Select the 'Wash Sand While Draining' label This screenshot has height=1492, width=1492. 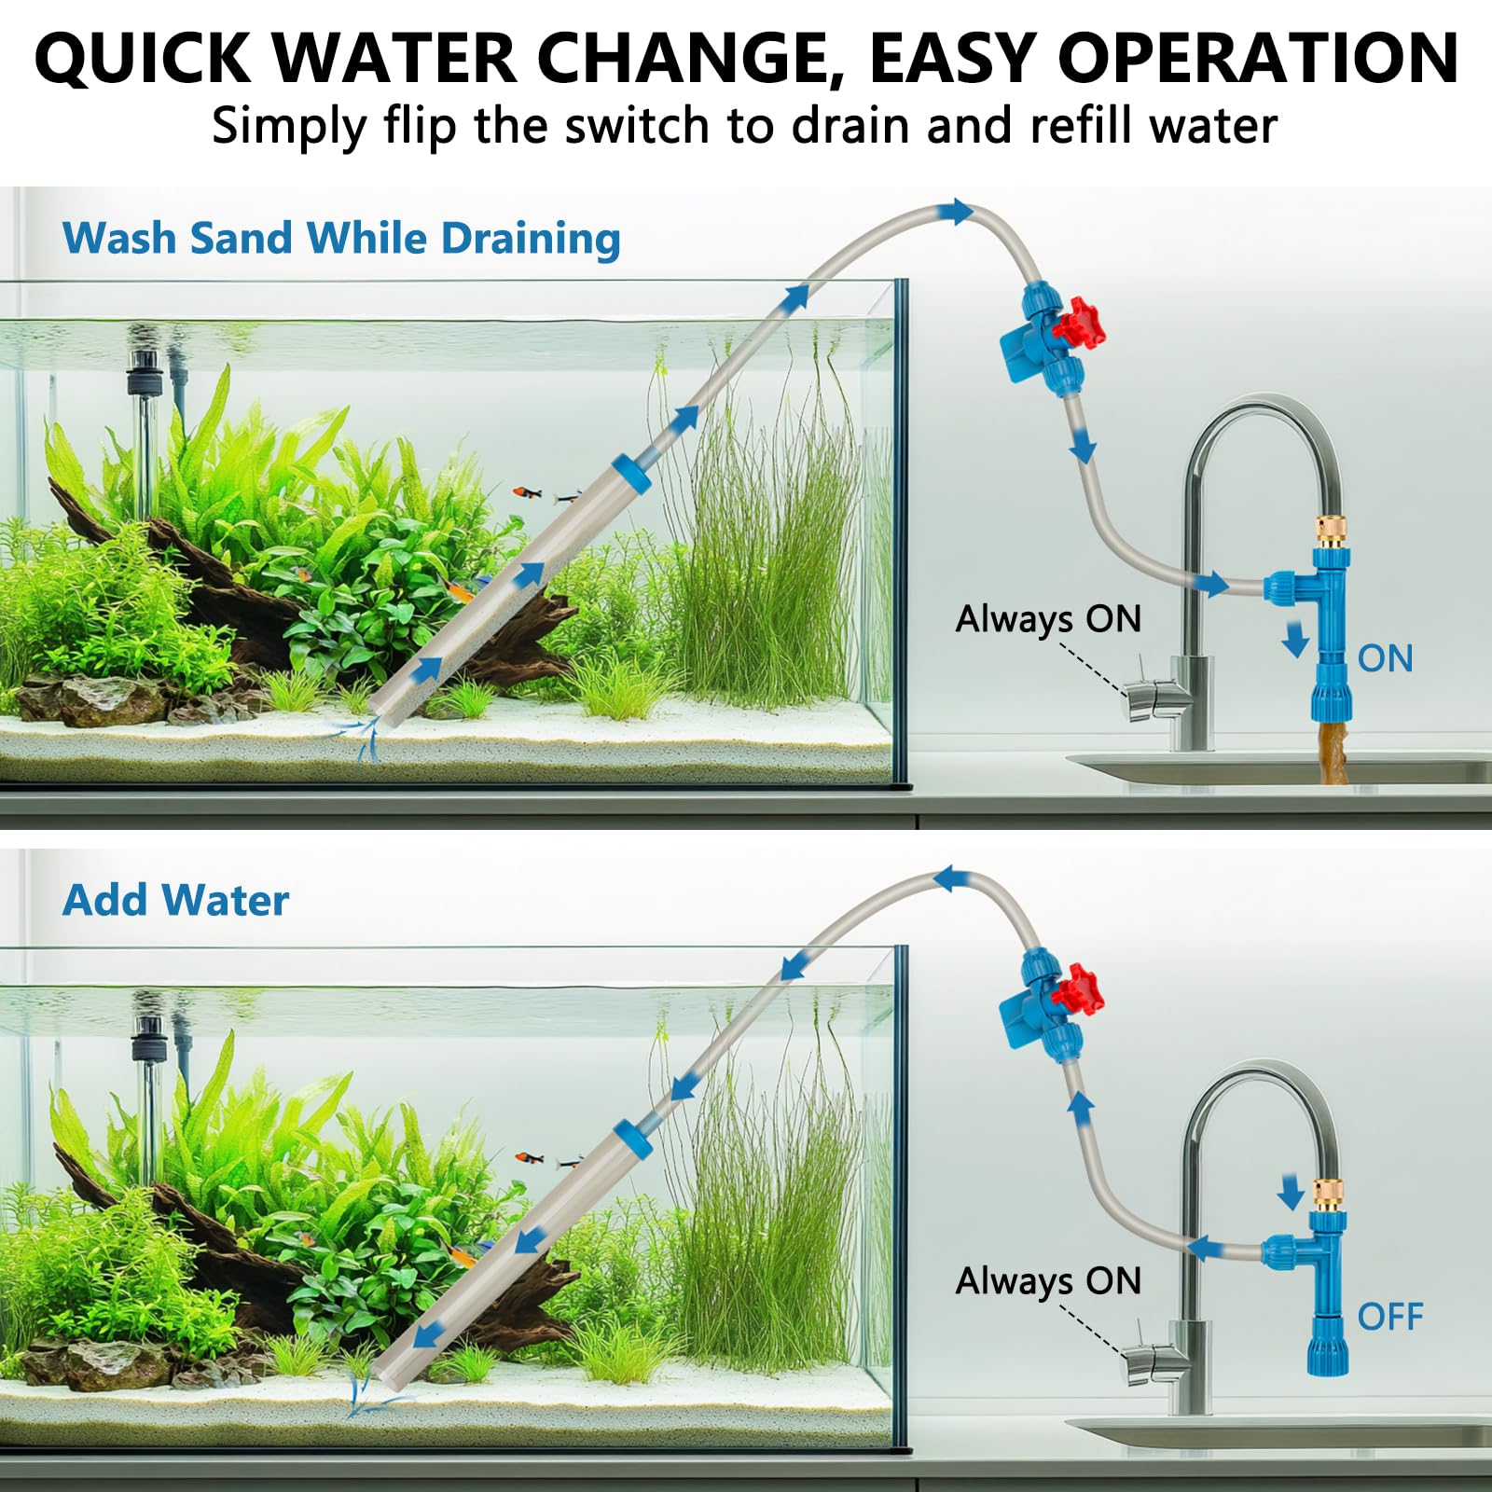341,238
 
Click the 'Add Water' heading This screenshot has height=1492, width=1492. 175,900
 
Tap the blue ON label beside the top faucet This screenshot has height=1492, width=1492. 1385,658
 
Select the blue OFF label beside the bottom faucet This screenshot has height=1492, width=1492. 1389,1317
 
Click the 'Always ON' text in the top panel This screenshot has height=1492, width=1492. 1048,619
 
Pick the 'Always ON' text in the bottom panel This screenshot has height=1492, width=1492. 1048,1281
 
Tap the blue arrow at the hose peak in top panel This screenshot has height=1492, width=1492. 957,212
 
